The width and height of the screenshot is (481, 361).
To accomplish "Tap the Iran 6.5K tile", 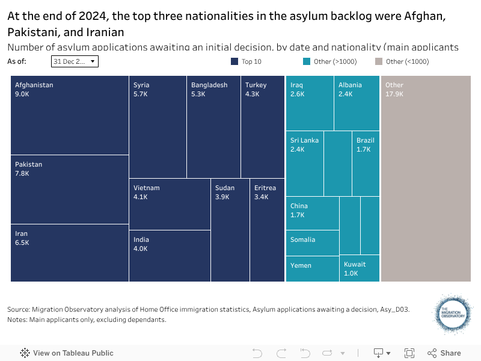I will (x=70, y=253).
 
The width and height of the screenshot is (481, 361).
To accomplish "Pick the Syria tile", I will (x=158, y=127).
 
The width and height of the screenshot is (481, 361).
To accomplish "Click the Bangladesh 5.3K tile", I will (x=213, y=127).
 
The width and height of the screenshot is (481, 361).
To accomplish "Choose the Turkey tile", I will (x=263, y=127).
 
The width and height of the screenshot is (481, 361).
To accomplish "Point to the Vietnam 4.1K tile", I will (x=170, y=204).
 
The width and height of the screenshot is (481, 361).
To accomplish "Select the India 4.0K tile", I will (x=170, y=256).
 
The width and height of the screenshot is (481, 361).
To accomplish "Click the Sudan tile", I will (x=230, y=230).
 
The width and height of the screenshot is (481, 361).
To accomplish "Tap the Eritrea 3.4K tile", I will (x=267, y=230).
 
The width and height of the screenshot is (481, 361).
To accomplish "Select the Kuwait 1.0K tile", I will (x=360, y=269).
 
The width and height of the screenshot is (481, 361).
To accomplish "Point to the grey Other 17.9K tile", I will (x=426, y=179).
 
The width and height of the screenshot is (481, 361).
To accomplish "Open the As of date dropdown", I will (x=75, y=61).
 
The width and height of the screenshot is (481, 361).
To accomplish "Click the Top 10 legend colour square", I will (x=235, y=61).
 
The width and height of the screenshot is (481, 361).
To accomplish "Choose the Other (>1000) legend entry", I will (x=331, y=61).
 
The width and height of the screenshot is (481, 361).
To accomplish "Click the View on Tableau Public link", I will (x=67, y=353).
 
